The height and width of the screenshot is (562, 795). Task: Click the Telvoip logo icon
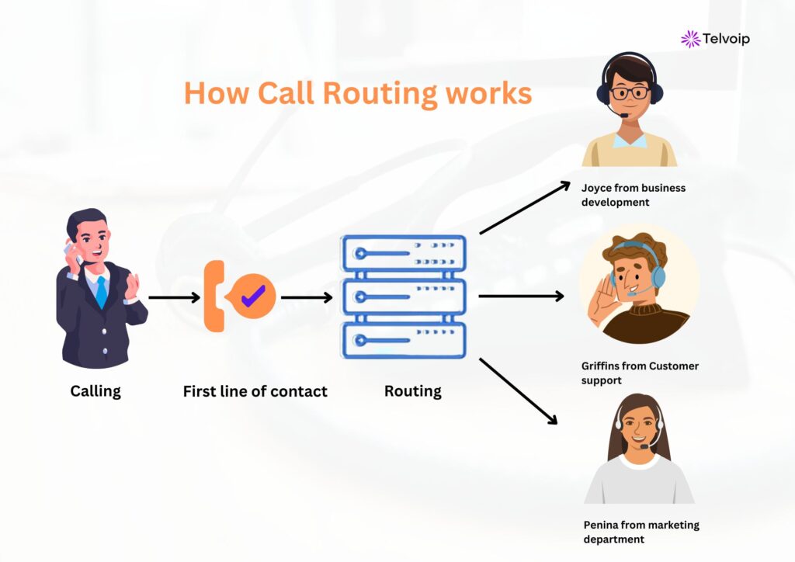tap(689, 39)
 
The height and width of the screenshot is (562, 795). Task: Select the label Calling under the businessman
tap(95, 390)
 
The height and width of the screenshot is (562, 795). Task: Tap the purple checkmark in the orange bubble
tap(253, 295)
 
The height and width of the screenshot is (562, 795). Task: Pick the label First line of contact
tap(255, 391)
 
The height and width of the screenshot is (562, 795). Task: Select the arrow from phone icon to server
tap(306, 297)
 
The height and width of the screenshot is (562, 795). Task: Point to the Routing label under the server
tap(412, 391)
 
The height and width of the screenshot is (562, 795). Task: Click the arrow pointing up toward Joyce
tap(525, 208)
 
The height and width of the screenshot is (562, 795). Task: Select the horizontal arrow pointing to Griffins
tap(520, 296)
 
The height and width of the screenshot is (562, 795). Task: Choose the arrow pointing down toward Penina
tap(519, 391)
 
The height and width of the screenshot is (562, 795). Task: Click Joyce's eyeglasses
tap(630, 93)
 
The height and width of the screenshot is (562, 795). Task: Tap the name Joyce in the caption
tap(597, 188)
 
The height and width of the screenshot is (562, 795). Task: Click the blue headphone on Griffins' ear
tap(658, 275)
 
